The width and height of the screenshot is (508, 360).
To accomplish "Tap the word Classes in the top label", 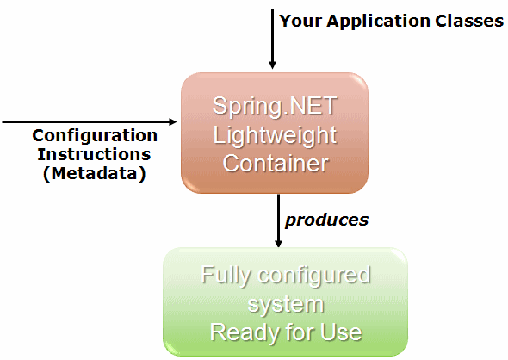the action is [x=469, y=21].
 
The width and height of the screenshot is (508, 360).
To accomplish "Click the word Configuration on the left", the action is [x=95, y=136].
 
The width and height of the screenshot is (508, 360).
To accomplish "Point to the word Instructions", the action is [x=94, y=154].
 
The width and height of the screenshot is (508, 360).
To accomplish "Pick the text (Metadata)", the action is [x=94, y=173].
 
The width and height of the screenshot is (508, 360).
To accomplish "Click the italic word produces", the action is [x=326, y=220].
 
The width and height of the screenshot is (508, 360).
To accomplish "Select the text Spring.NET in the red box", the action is [x=275, y=106].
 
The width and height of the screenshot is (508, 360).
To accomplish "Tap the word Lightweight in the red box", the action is [x=275, y=135].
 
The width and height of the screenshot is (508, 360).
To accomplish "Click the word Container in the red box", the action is [x=276, y=163].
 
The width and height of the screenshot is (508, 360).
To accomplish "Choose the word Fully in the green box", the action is [x=226, y=276].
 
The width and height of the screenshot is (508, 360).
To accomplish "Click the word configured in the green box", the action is [x=314, y=276].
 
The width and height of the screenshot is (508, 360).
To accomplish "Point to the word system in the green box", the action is [x=286, y=305].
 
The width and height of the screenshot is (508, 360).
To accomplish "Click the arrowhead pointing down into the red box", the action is [x=272, y=65].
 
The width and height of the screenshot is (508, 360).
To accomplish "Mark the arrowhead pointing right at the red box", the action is [x=173, y=121].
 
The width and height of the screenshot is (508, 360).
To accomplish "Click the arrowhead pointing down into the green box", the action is [x=278, y=244].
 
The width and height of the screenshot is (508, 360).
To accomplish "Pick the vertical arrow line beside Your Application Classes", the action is [x=272, y=39].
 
